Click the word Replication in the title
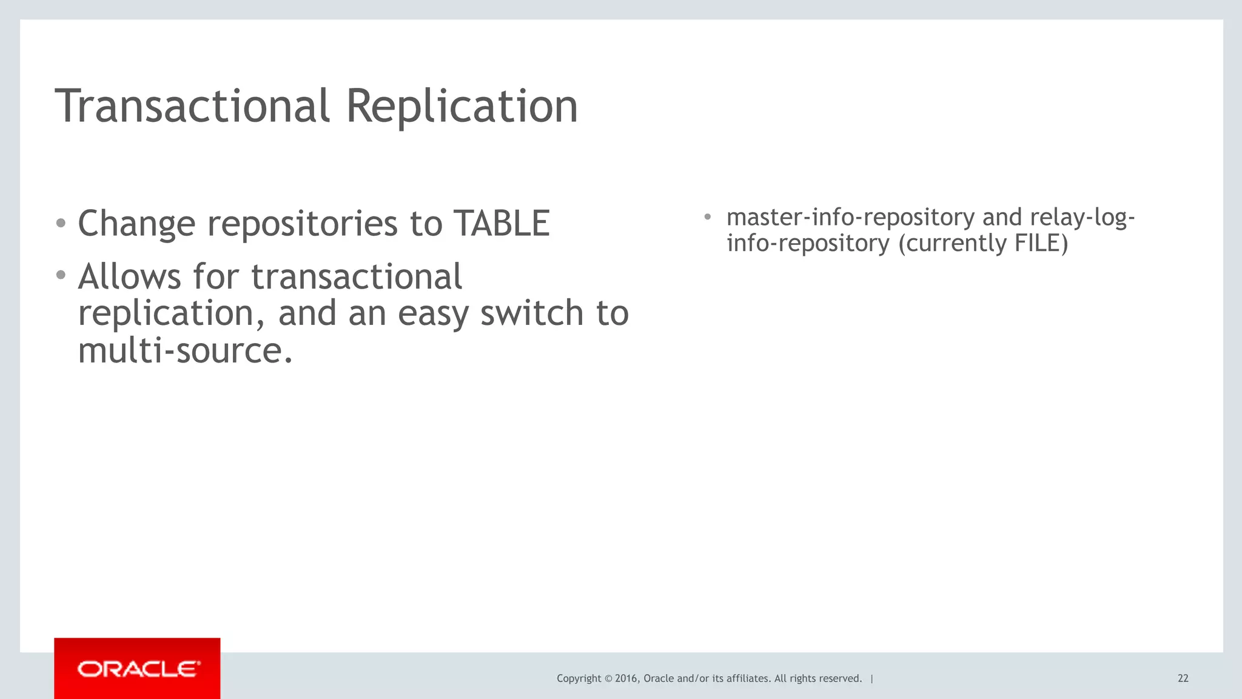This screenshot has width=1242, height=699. point(462,106)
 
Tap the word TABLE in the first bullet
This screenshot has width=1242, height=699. point(502,223)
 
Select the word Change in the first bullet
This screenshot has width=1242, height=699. point(136,224)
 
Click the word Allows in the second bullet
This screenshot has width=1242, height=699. point(129,277)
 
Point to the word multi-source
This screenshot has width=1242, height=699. point(186,350)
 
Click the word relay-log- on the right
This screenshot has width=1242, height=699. point(1083,217)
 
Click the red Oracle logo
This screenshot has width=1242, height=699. point(137,669)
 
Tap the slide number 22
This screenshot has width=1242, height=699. point(1183,678)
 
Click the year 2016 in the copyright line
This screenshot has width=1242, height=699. point(626,678)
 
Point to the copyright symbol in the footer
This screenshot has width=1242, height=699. point(608,678)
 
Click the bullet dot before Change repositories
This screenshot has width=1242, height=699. point(61,223)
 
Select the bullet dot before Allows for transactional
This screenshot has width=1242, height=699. point(61,276)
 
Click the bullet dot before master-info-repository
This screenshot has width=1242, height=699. point(707,216)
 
